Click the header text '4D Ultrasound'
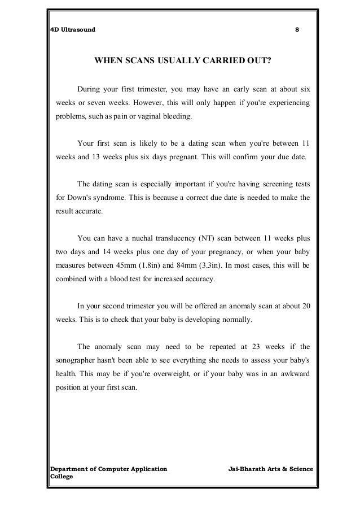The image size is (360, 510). pos(69,29)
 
